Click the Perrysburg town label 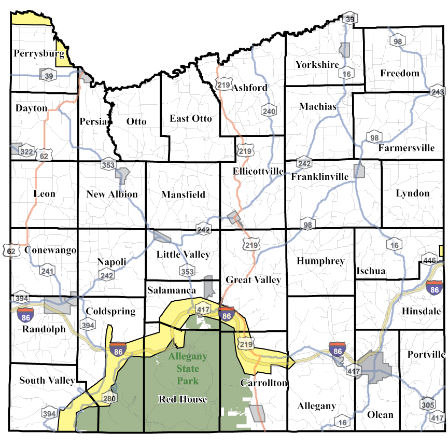click(39, 53)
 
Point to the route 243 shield click(438, 92)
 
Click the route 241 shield click(48, 271)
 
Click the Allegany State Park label click(187, 369)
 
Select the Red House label click(183, 399)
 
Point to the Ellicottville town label click(258, 171)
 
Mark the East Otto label click(191, 119)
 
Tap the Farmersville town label click(406, 148)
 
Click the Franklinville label click(319, 177)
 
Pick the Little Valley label click(183, 254)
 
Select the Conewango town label click(50, 250)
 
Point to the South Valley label click(47, 381)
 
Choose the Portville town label click(426, 355)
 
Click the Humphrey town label click(320, 261)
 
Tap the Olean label click(380, 415)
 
